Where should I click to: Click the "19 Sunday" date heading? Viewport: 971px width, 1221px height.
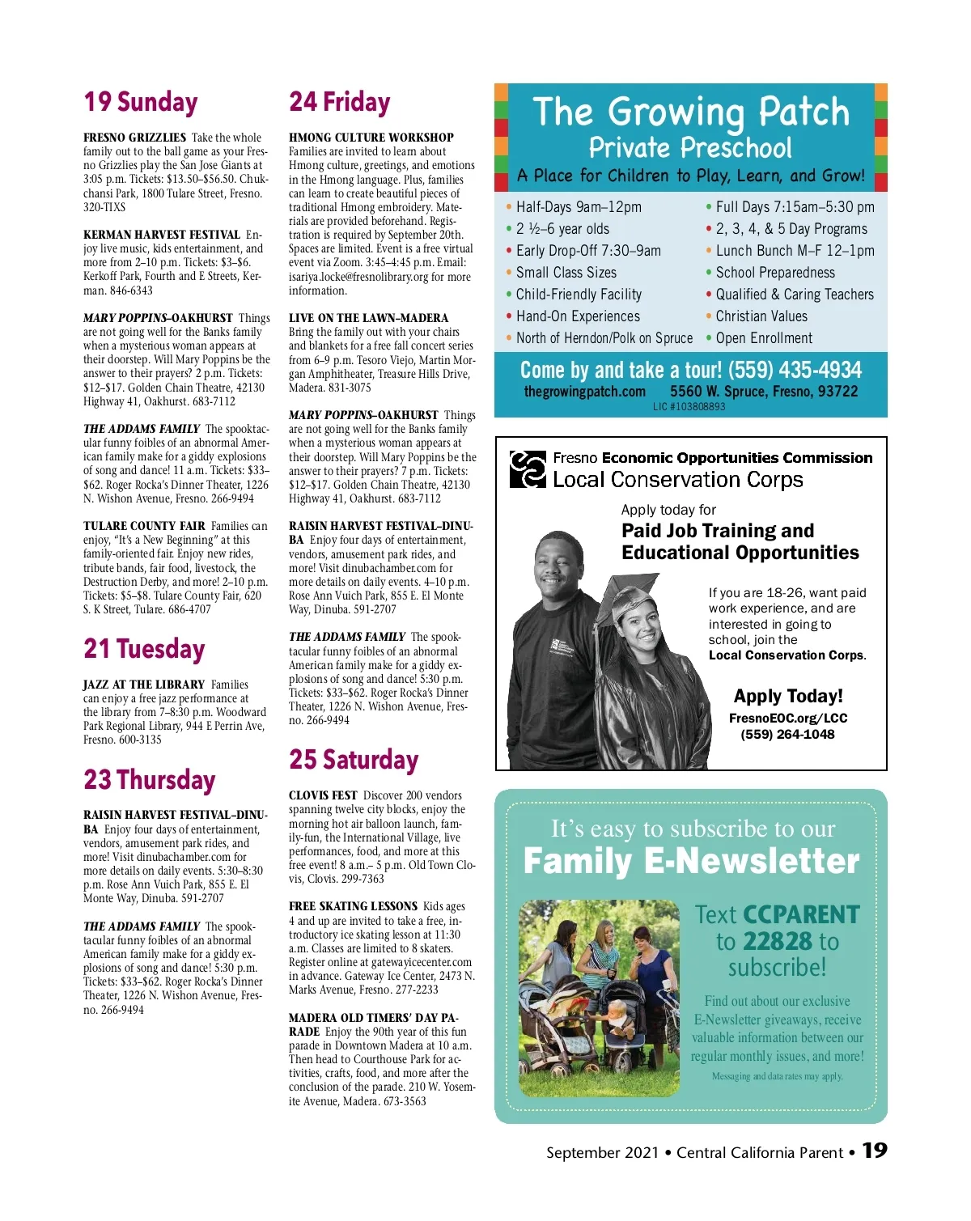[x=141, y=103]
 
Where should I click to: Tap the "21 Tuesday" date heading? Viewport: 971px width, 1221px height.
[x=144, y=649]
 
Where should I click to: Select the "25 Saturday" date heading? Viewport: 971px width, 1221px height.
[x=354, y=760]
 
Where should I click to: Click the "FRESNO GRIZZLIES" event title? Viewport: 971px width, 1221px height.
[x=134, y=138]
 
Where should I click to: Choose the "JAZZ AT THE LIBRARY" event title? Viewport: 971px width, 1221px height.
[x=144, y=685]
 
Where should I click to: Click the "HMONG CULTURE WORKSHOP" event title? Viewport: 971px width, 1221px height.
[x=371, y=138]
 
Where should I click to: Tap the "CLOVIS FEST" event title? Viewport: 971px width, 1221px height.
[x=323, y=795]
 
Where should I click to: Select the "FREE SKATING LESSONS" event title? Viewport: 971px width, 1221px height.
[x=353, y=906]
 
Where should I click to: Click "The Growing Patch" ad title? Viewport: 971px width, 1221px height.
[x=691, y=112]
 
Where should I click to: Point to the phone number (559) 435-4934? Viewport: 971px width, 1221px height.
[x=795, y=371]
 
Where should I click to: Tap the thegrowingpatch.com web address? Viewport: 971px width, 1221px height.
[x=584, y=392]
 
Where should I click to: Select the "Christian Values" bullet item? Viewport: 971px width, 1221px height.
[x=761, y=316]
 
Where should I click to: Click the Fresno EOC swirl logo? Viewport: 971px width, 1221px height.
[x=528, y=469]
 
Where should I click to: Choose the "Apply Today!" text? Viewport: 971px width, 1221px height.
[x=787, y=696]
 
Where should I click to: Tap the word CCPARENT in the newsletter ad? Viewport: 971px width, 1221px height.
[x=801, y=914]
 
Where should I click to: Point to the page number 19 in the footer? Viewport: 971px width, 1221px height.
[x=874, y=1151]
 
